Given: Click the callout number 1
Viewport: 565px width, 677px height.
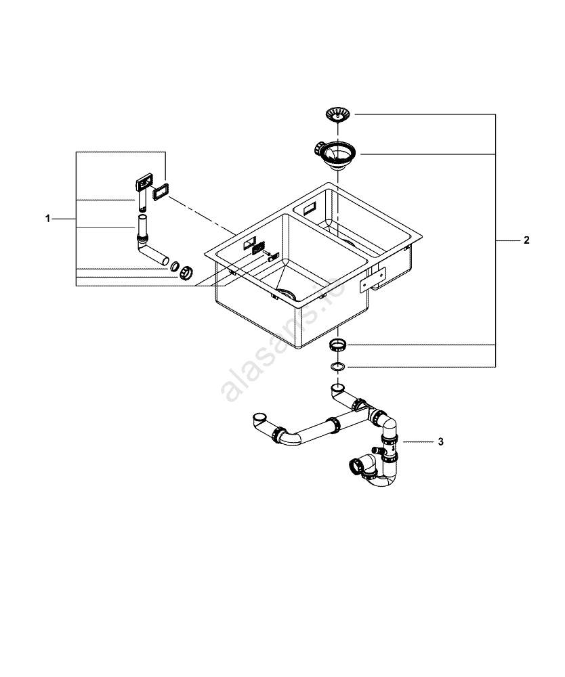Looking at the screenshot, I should tap(47, 219).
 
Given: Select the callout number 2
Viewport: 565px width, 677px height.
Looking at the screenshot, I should tap(526, 240).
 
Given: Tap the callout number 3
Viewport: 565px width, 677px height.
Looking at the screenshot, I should tap(440, 442).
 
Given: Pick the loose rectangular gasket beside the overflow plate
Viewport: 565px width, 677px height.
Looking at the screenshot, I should tap(161, 192).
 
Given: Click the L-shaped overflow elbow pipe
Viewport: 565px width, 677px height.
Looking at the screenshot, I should tap(150, 247).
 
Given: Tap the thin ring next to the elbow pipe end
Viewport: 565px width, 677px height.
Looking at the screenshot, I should tap(174, 266).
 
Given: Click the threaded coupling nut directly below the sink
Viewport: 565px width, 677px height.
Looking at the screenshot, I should tap(337, 346).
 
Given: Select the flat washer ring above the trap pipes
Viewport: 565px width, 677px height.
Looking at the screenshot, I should tap(337, 367).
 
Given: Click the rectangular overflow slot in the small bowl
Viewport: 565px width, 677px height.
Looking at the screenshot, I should tap(312, 204).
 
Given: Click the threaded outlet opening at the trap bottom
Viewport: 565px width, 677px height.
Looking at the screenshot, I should tap(356, 466).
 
